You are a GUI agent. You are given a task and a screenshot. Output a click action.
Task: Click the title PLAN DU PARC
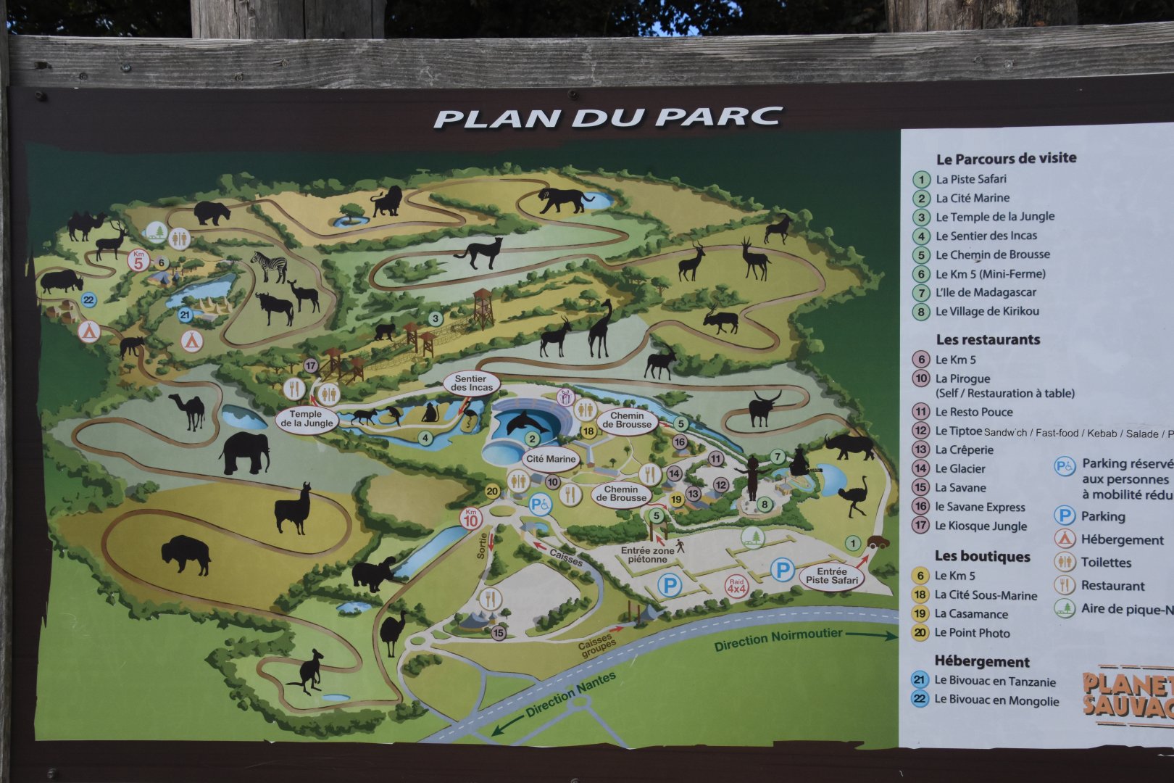tap(607, 117)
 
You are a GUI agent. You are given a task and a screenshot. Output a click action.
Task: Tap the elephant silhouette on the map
tap(244, 454)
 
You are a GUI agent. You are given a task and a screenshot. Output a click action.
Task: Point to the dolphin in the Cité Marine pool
tap(527, 422)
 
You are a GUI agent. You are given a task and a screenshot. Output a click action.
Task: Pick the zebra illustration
tap(270, 267)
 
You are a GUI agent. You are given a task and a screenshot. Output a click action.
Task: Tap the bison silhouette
tap(186, 555)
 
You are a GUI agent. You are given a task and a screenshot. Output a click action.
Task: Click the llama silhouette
tap(292, 509)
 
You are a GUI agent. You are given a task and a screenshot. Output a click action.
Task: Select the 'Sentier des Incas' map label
tap(470, 384)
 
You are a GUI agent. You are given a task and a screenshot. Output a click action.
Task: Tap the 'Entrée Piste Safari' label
tap(832, 576)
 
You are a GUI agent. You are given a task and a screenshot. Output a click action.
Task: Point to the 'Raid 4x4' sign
tap(736, 586)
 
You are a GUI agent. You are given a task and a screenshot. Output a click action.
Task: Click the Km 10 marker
tap(471, 518)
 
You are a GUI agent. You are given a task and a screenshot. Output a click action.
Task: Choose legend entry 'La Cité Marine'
tap(972, 198)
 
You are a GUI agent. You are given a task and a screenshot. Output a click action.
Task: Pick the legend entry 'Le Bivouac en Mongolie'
tap(996, 700)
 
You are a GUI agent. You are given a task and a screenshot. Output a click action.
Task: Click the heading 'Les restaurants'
tap(987, 339)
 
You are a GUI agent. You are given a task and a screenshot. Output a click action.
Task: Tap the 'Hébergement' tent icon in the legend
tap(1064, 539)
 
